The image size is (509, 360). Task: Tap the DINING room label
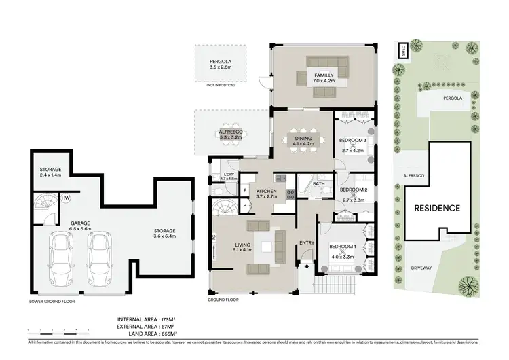point(302,139)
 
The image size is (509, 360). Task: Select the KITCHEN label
point(265,193)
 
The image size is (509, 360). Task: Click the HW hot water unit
point(67,198)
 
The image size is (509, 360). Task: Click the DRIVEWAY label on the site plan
point(426,268)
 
